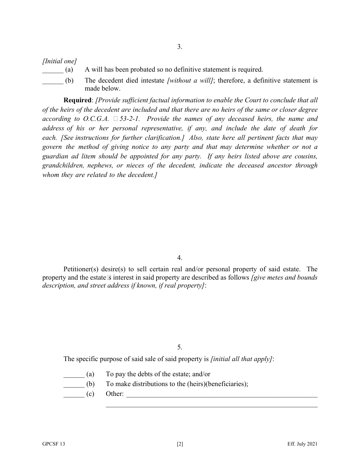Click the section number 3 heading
(x=180, y=47)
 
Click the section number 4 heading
(x=180, y=258)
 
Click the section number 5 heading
(x=180, y=347)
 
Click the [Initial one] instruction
(x=59, y=61)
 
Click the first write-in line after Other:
(x=222, y=397)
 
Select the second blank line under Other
(x=211, y=407)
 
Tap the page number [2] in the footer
(x=180, y=444)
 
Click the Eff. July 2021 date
(x=302, y=444)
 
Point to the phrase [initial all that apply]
(x=241, y=359)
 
